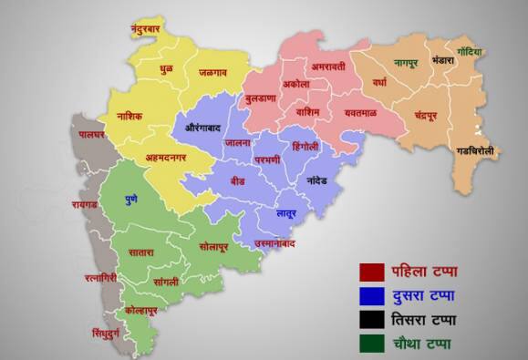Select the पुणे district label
coord(132,198)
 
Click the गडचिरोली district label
coord(477,150)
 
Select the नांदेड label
coord(324,181)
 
